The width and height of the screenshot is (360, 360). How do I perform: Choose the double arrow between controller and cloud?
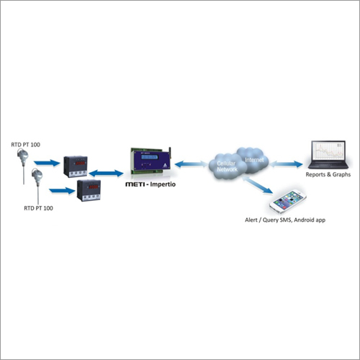pos(193,165)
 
